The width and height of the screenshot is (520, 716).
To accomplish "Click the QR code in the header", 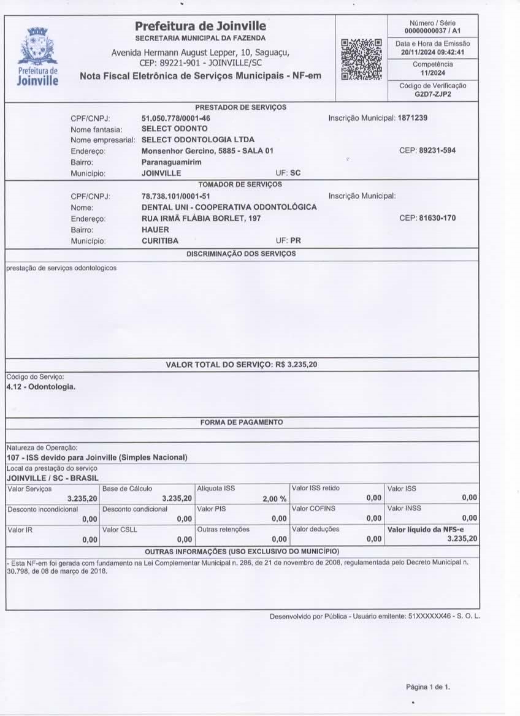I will tap(361, 59).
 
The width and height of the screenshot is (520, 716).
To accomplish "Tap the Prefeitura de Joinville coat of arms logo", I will tap(38, 47).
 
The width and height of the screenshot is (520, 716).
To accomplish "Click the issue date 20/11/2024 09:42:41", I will tap(433, 53).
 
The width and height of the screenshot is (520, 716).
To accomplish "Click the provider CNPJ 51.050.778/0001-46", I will tap(176, 118).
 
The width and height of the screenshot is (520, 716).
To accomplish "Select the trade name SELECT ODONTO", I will tap(174, 129).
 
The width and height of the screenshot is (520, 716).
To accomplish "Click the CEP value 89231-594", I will tap(437, 151).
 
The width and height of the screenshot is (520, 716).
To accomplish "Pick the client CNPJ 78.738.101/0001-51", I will tap(176, 196).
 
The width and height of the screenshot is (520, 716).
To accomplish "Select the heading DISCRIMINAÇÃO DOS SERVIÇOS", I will tap(241, 254).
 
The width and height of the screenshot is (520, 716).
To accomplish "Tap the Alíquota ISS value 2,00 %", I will tap(274, 499).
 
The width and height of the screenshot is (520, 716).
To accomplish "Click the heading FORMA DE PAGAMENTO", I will tap(241, 422).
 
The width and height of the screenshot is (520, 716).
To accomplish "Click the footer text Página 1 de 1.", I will tap(428, 687).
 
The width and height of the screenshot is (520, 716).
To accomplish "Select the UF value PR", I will tap(296, 241).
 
